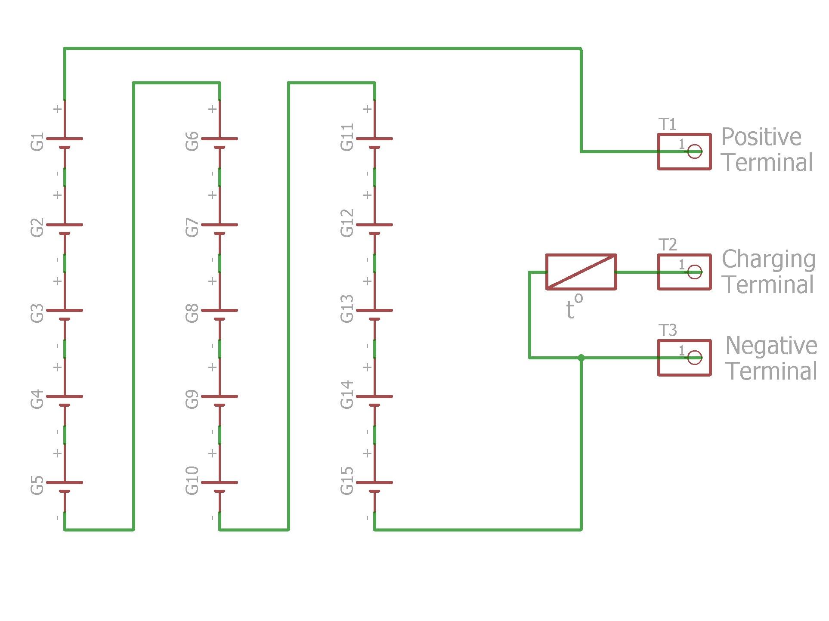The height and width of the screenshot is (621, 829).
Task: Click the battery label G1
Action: pyautogui.click(x=37, y=142)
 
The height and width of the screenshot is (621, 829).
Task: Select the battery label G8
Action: pyautogui.click(x=192, y=313)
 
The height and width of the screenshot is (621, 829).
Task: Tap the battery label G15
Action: pyautogui.click(x=347, y=481)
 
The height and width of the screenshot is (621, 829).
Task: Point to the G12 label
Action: pyautogui.click(x=347, y=223)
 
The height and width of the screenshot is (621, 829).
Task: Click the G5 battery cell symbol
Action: pyautogui.click(x=65, y=487)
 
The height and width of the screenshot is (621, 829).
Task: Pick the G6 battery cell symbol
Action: pyautogui.click(x=220, y=143)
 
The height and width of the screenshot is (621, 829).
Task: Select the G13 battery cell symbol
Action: pyautogui.click(x=374, y=315)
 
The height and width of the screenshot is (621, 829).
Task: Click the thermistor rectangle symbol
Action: pyautogui.click(x=581, y=272)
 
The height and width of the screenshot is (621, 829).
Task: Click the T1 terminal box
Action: pyautogui.click(x=684, y=151)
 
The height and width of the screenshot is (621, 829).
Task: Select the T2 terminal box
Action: pyautogui.click(x=684, y=272)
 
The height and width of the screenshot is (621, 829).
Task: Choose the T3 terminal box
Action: pyautogui.click(x=684, y=358)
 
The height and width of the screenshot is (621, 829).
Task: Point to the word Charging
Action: pyautogui.click(x=769, y=260)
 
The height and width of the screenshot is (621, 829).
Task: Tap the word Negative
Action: pyautogui.click(x=771, y=346)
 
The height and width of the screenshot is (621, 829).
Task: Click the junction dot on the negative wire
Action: pyautogui.click(x=581, y=358)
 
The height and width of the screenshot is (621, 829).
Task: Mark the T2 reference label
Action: pyautogui.click(x=668, y=245)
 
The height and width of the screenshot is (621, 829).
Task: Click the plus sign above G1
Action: pyautogui.click(x=58, y=109)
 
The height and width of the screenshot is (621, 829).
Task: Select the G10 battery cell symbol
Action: pyautogui.click(x=220, y=487)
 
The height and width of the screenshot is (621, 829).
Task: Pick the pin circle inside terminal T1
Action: pyautogui.click(x=695, y=151)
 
